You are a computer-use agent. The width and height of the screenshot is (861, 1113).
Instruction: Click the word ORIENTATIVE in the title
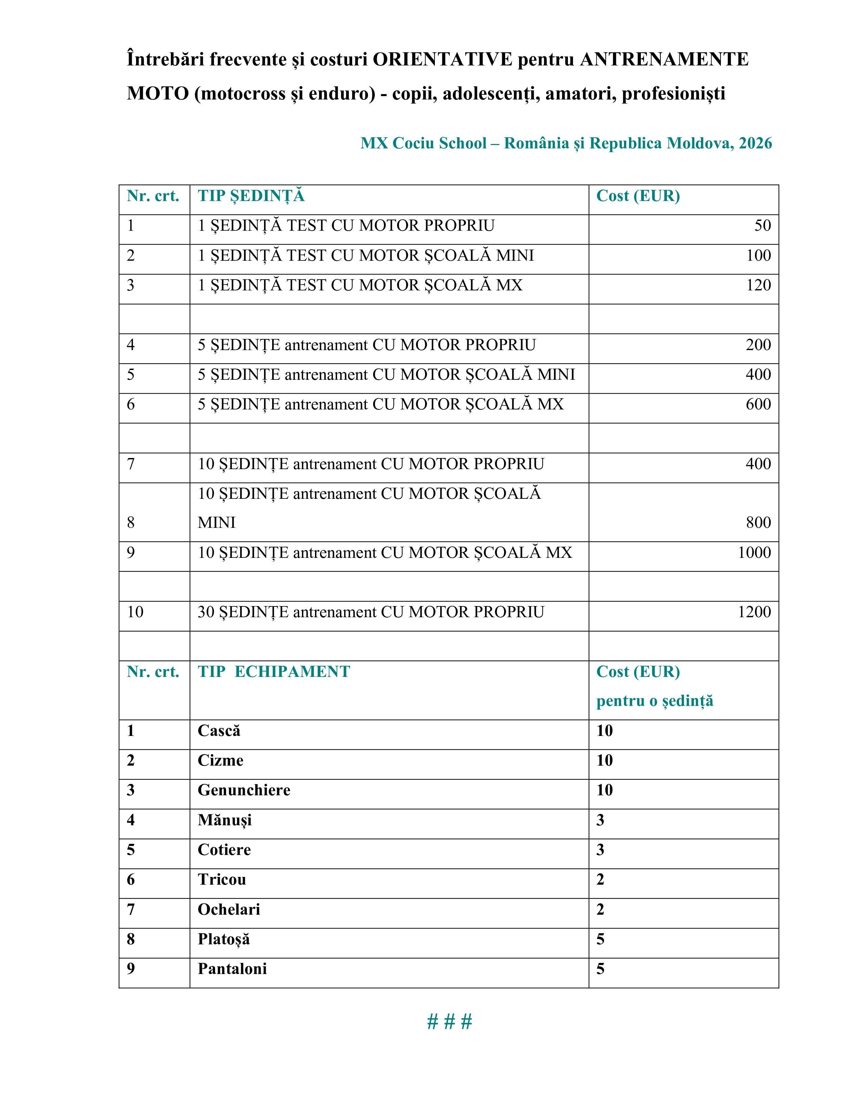click(x=442, y=60)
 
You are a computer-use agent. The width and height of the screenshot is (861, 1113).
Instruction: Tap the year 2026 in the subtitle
click(x=755, y=143)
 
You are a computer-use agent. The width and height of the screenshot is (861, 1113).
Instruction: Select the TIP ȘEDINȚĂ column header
click(x=251, y=196)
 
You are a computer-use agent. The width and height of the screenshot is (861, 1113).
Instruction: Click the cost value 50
click(x=762, y=225)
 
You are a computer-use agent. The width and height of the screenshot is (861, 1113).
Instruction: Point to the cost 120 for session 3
click(x=758, y=285)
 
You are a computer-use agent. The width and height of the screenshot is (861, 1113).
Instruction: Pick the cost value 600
click(x=758, y=404)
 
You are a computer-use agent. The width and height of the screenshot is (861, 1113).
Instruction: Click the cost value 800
click(x=758, y=522)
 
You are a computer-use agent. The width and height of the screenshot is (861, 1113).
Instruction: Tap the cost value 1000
click(x=754, y=552)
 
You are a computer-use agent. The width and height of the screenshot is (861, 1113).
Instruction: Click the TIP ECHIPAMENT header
click(x=274, y=672)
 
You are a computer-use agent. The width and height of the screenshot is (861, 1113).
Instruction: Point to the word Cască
click(x=219, y=731)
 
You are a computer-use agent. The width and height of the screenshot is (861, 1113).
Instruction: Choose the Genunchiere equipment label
click(x=244, y=790)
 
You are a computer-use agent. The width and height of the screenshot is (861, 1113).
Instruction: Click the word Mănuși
click(x=225, y=820)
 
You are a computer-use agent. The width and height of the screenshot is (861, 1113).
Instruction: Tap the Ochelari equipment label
click(x=229, y=910)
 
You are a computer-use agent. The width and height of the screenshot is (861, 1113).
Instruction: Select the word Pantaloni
click(x=232, y=969)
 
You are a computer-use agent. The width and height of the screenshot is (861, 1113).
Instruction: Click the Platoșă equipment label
click(x=224, y=939)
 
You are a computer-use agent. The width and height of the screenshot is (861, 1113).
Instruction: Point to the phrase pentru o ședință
click(x=654, y=701)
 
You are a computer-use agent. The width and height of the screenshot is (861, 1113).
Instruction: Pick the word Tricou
click(x=222, y=880)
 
